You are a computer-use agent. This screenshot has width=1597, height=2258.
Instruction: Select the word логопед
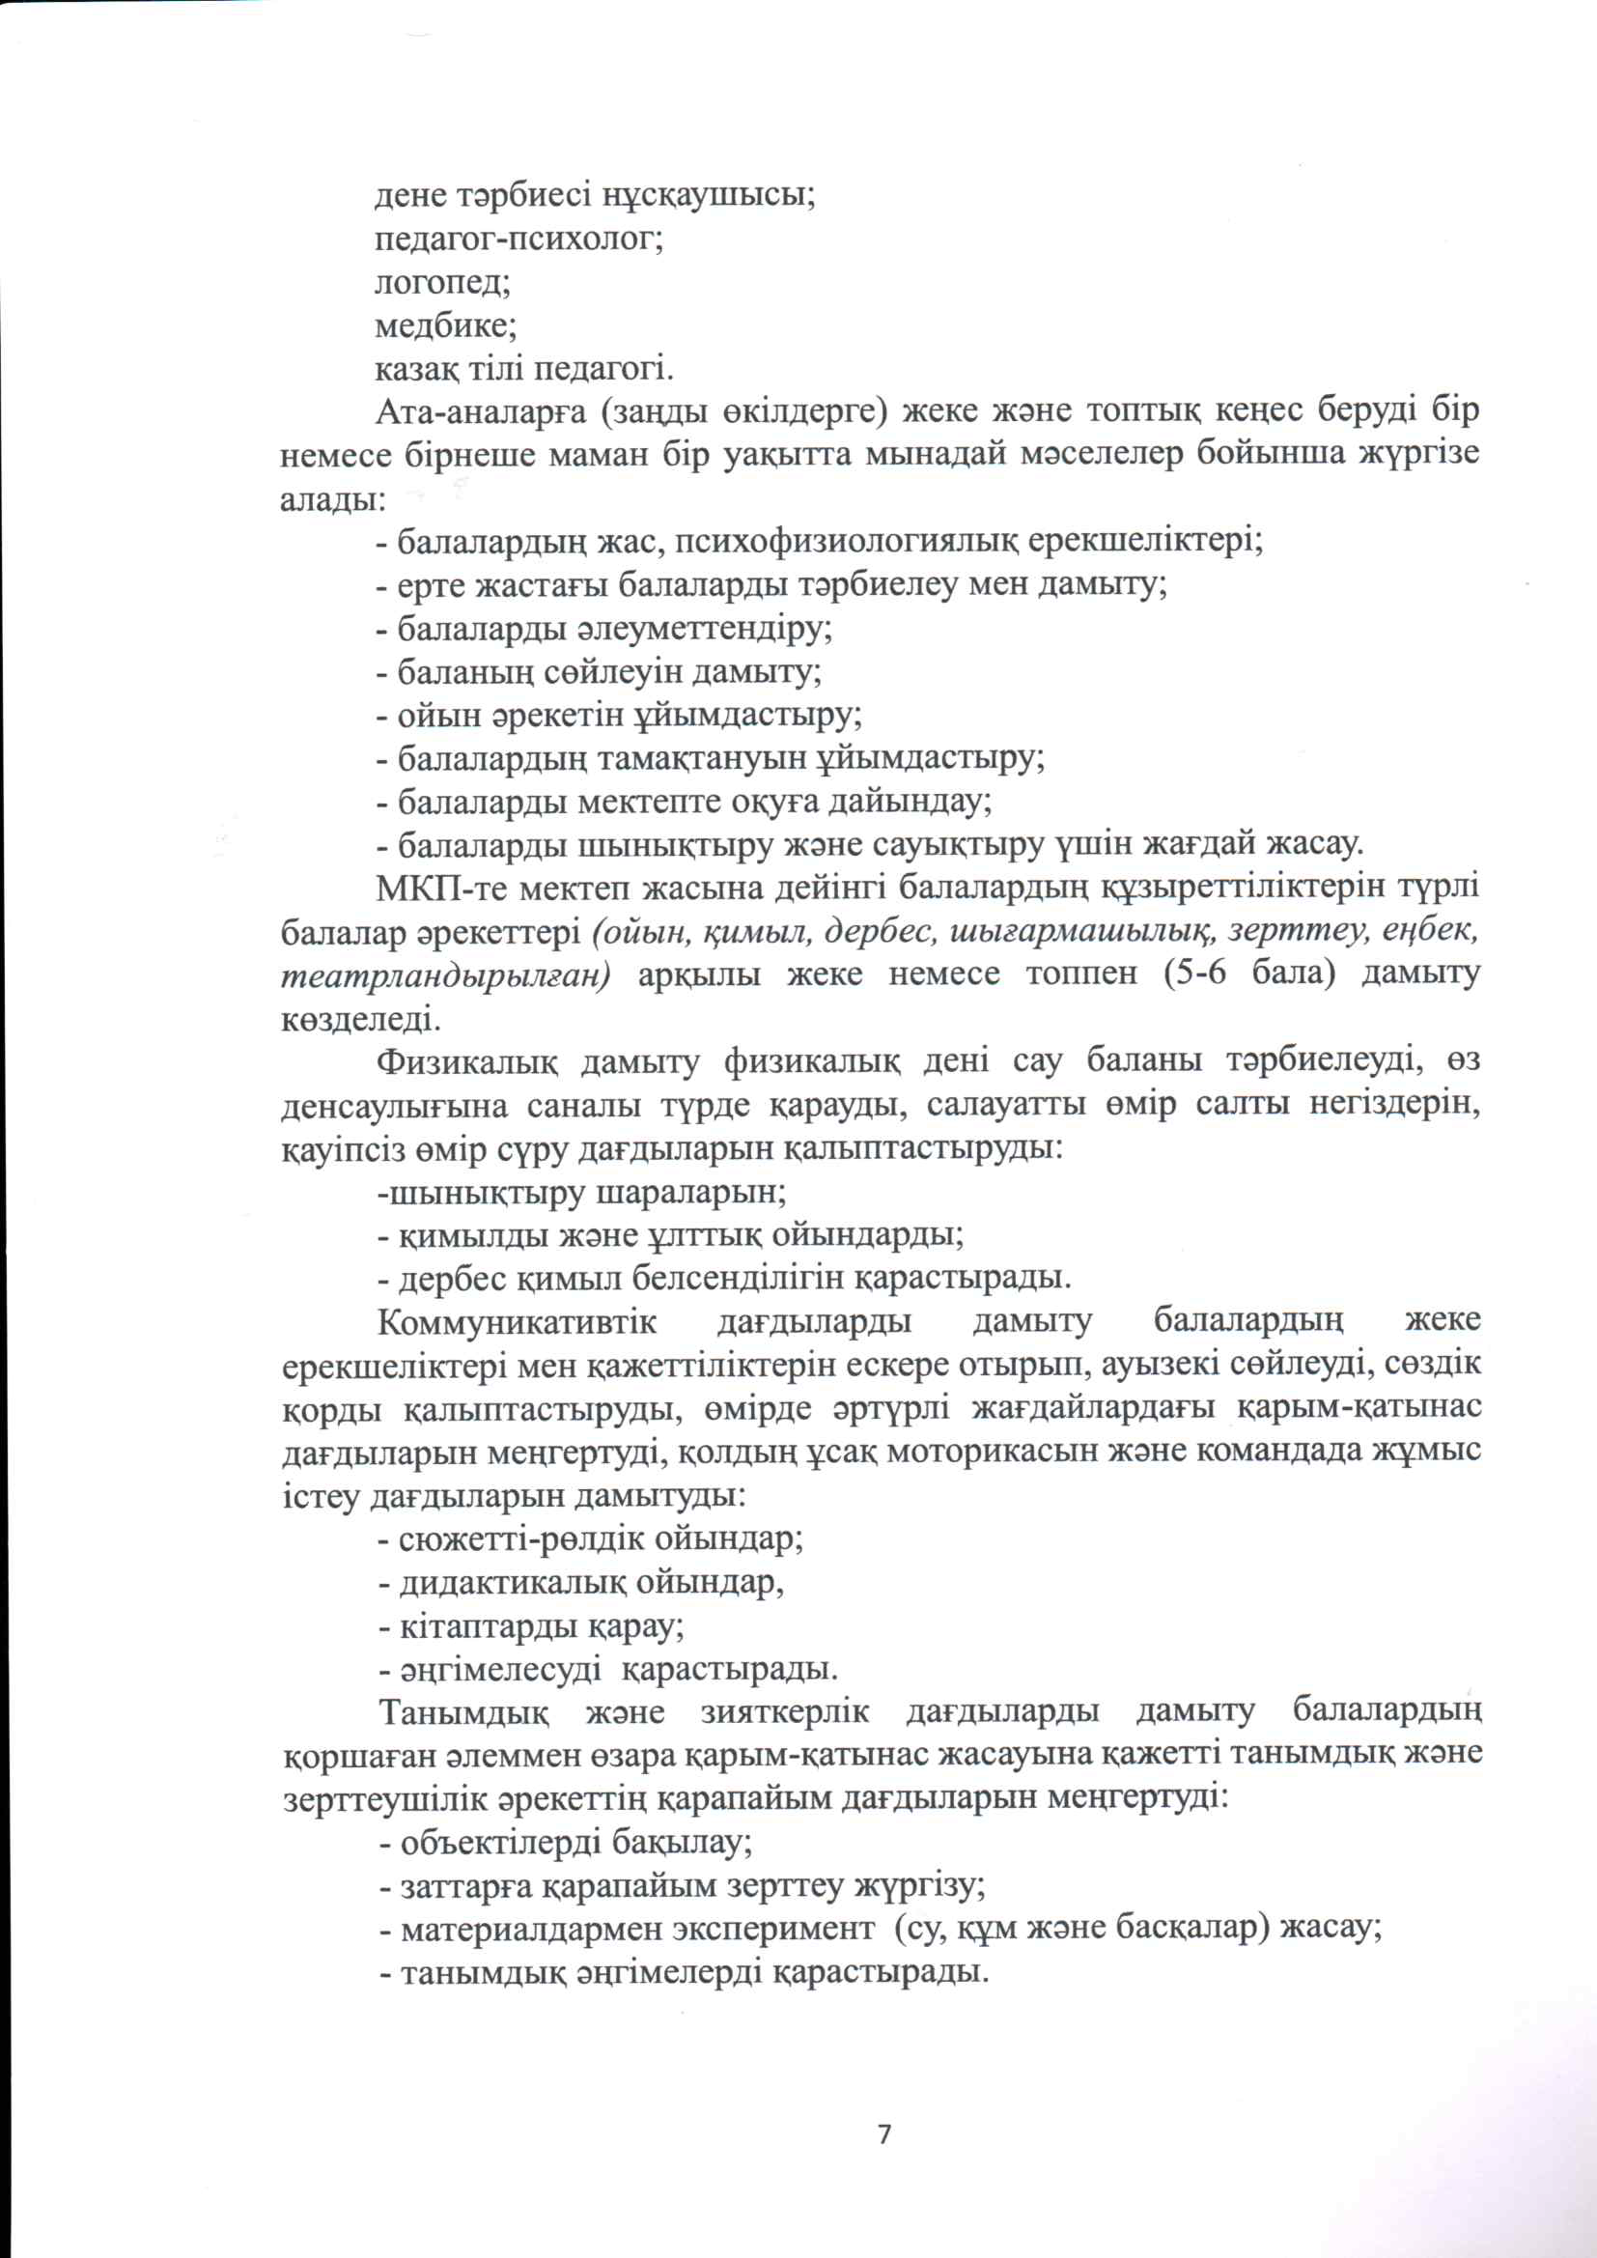[441, 283]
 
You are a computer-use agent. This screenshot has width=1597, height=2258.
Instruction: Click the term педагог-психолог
[519, 239]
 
